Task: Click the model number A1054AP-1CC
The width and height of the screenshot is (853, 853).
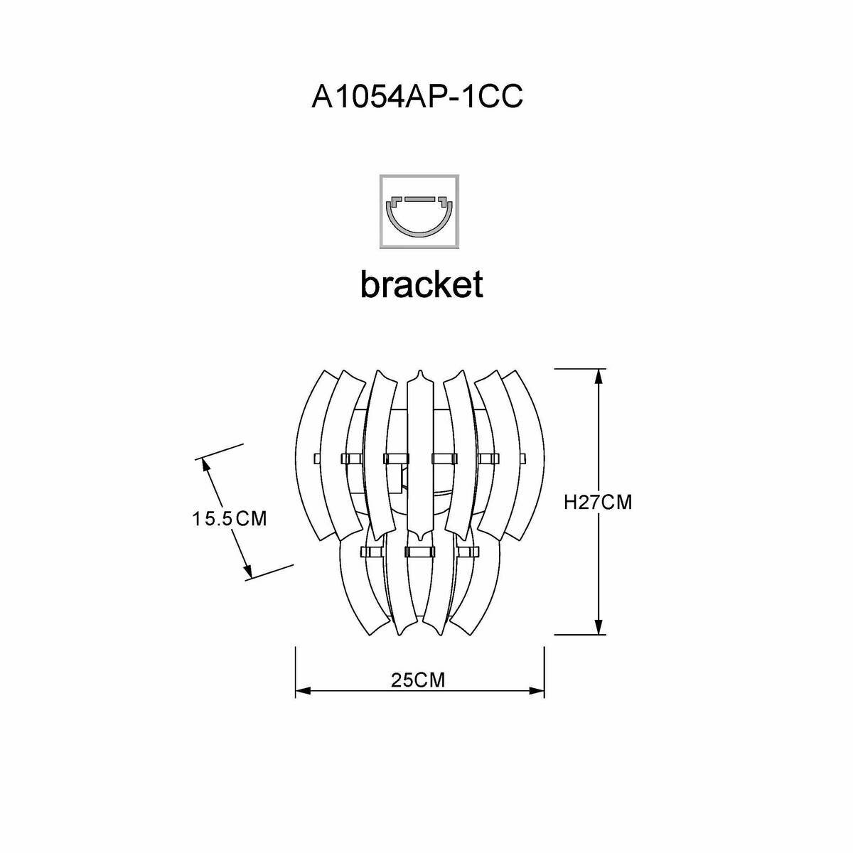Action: (x=417, y=97)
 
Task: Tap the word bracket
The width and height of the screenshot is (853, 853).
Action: (x=422, y=284)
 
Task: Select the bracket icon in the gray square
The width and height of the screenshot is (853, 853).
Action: (x=420, y=211)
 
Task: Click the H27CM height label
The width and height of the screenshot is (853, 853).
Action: (x=597, y=502)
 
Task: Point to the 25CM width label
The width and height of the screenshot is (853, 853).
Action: (x=418, y=680)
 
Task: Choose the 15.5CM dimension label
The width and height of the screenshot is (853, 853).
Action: (x=229, y=518)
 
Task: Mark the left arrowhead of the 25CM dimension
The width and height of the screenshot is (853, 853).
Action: (x=301, y=690)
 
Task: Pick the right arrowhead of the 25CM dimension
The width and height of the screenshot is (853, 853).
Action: (x=537, y=690)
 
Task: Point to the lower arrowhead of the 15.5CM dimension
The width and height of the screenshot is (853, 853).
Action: (x=247, y=570)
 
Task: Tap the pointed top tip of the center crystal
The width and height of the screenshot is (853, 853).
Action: (x=419, y=372)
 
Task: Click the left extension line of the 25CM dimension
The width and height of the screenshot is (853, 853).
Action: (x=296, y=672)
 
